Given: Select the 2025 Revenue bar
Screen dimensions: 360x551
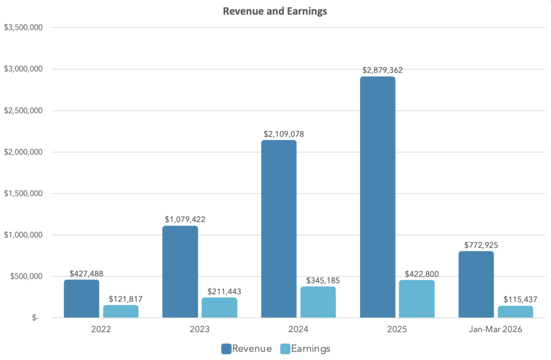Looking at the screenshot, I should pyautogui.click(x=378, y=197).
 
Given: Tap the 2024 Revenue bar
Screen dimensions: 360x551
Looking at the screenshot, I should pyautogui.click(x=279, y=229).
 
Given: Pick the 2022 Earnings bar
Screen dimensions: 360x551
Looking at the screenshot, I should pyautogui.click(x=121, y=311).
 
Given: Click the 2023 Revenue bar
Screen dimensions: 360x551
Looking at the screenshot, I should pyautogui.click(x=180, y=272).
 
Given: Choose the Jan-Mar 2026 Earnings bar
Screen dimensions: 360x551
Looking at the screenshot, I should pyautogui.click(x=515, y=312).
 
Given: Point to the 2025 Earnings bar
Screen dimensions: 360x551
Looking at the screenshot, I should pyautogui.click(x=417, y=299).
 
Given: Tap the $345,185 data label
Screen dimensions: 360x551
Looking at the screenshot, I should pyautogui.click(x=319, y=280).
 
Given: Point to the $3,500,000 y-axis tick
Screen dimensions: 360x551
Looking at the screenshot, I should pyautogui.click(x=23, y=27).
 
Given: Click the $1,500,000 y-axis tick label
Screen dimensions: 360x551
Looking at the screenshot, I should pyautogui.click(x=23, y=193).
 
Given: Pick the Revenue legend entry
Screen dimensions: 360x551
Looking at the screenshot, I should pyautogui.click(x=246, y=349).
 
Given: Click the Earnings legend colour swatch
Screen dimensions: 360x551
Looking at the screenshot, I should pyautogui.click(x=285, y=349).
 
